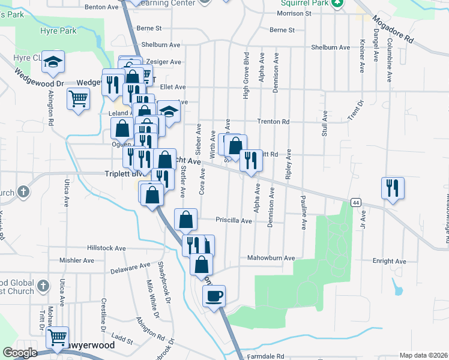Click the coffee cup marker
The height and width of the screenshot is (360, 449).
coord(214,296)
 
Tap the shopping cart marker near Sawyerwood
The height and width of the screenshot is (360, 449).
coord(57,337)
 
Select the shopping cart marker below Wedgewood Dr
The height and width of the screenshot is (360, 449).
coord(78,98)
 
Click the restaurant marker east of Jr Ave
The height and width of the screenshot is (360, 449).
coord(393,188)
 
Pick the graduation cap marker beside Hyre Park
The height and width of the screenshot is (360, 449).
coord(53,61)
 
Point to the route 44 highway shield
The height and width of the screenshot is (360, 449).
coord(356,203)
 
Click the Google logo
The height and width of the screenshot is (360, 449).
coord(20,353)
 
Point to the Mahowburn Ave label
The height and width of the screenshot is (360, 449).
coord(271,258)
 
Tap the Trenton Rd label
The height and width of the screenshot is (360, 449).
coord(273,122)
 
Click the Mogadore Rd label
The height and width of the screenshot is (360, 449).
coord(393,29)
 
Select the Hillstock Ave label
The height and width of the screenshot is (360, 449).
coord(106,247)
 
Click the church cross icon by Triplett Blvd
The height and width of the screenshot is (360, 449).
coord(23,192)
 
